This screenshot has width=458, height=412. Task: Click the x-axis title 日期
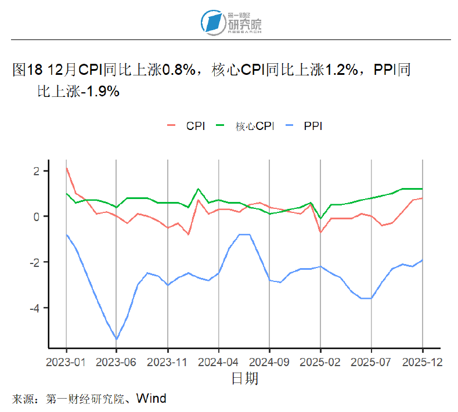coord(244,379)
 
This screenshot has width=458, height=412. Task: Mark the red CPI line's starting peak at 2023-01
coord(67,168)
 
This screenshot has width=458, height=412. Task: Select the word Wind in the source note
coord(152,399)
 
